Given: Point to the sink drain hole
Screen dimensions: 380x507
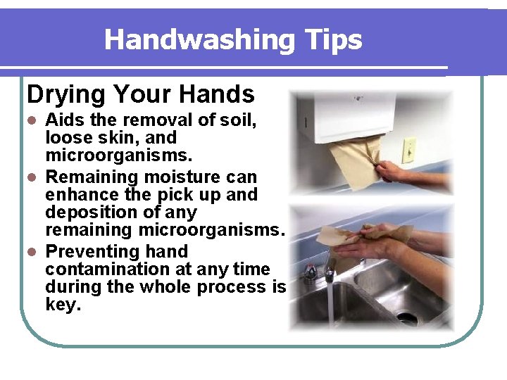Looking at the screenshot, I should point(408,317).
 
